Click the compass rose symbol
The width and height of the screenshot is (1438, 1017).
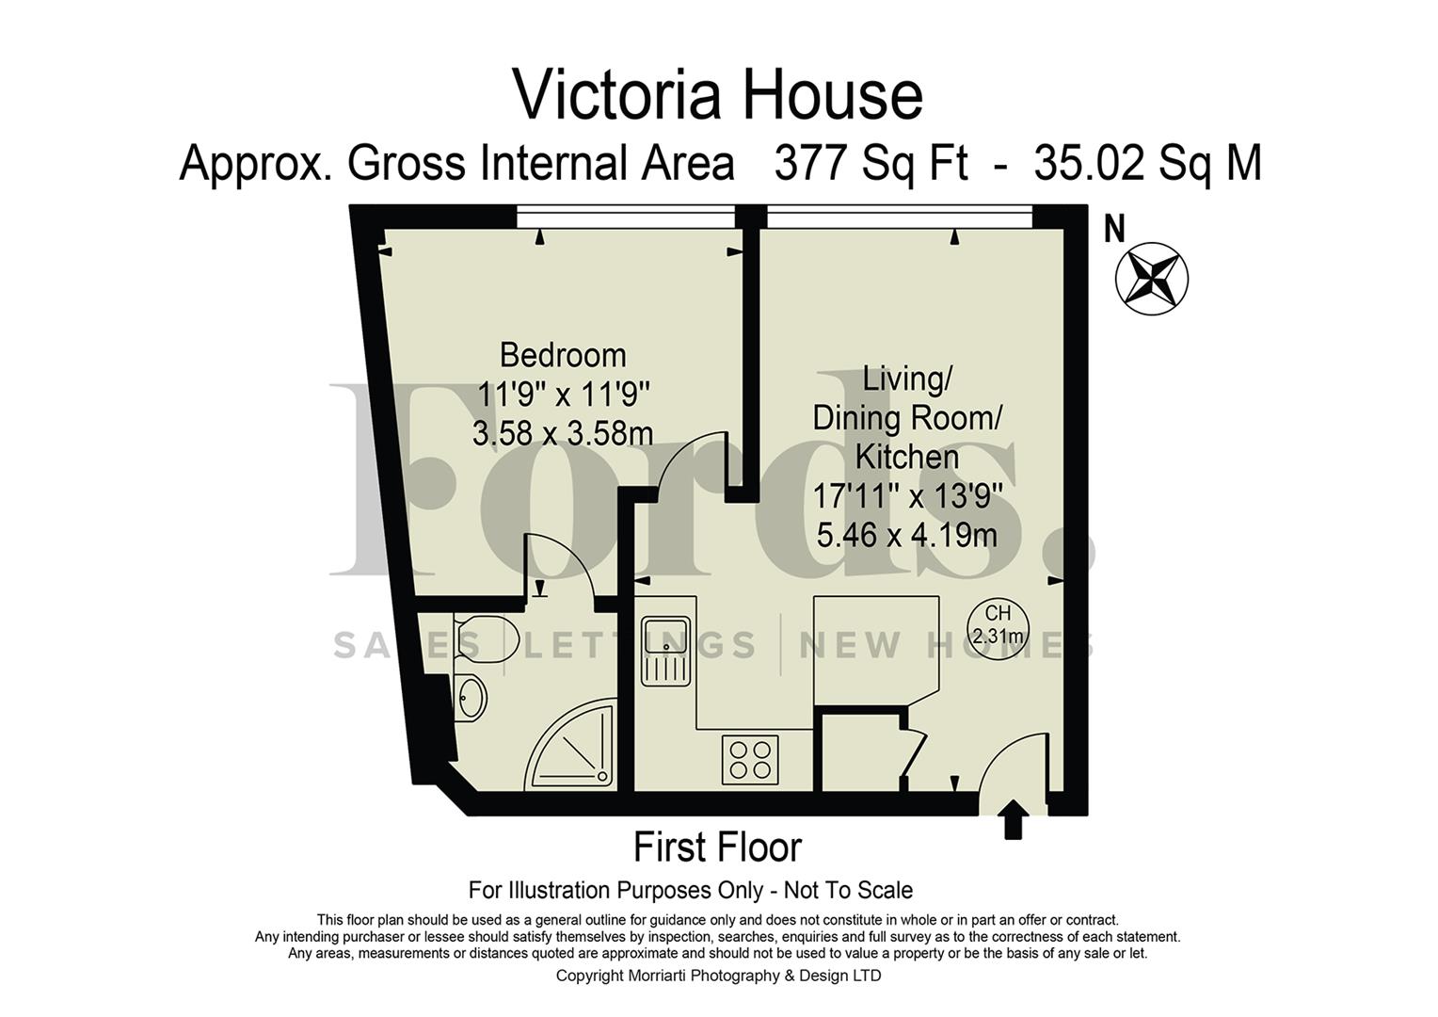[x=1151, y=278]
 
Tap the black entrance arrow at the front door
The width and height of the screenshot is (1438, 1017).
[x=1013, y=818]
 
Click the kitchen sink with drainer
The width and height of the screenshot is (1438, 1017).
[x=666, y=651]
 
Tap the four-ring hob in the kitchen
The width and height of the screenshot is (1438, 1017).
[x=750, y=759]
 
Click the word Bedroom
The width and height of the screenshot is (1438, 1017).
[x=562, y=355]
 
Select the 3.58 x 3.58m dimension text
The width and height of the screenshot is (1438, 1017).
[x=562, y=434]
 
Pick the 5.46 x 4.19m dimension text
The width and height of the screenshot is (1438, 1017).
[x=906, y=535]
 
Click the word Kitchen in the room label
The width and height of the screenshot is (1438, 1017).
[x=906, y=458]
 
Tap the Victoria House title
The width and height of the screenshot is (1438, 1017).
[x=717, y=94]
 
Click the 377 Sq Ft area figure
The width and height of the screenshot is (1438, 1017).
[x=871, y=163]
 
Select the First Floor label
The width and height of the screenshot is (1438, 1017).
[x=717, y=847]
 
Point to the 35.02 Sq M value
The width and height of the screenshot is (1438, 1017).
[x=1146, y=163]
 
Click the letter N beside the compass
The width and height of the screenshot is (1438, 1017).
[x=1114, y=229]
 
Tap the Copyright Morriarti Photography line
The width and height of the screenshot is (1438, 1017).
[x=718, y=976]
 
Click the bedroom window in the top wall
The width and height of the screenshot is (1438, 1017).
[x=626, y=217]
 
